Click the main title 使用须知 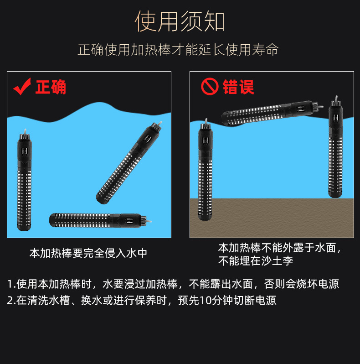[x=180, y=22]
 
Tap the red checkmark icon [x=22, y=86]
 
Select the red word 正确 [x=51, y=87]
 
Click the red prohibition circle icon [x=210, y=87]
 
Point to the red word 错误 [x=238, y=87]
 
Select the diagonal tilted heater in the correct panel [x=129, y=164]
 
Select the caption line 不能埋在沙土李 [x=255, y=261]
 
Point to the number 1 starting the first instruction [x=10, y=284]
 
